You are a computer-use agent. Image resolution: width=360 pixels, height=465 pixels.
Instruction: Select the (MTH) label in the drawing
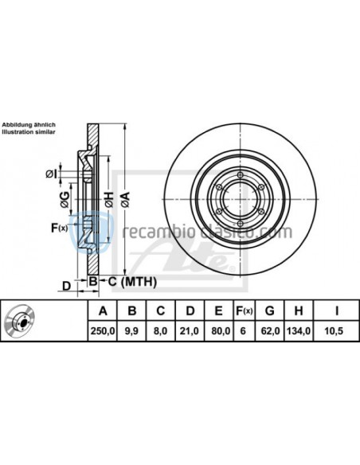[x=139, y=282]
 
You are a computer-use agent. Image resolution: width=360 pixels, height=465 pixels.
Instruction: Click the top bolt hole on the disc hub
[x=240, y=177]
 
